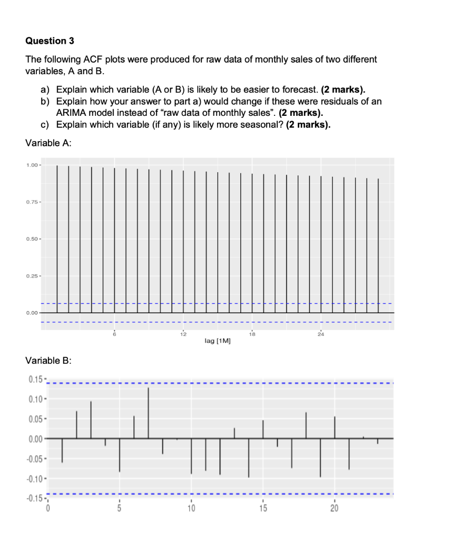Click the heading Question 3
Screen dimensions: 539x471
click(x=46, y=41)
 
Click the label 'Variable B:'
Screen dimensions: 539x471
click(x=48, y=361)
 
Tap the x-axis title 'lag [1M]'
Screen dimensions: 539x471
click(x=217, y=342)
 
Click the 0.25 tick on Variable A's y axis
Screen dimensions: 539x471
click(x=32, y=276)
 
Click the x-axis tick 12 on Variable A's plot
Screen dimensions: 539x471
click(x=183, y=334)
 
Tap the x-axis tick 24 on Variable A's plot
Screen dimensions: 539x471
click(x=321, y=334)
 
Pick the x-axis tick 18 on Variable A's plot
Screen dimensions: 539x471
click(x=252, y=334)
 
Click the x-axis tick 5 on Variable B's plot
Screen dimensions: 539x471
click(x=120, y=508)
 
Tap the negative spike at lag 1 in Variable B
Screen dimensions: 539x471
click(x=62, y=450)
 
